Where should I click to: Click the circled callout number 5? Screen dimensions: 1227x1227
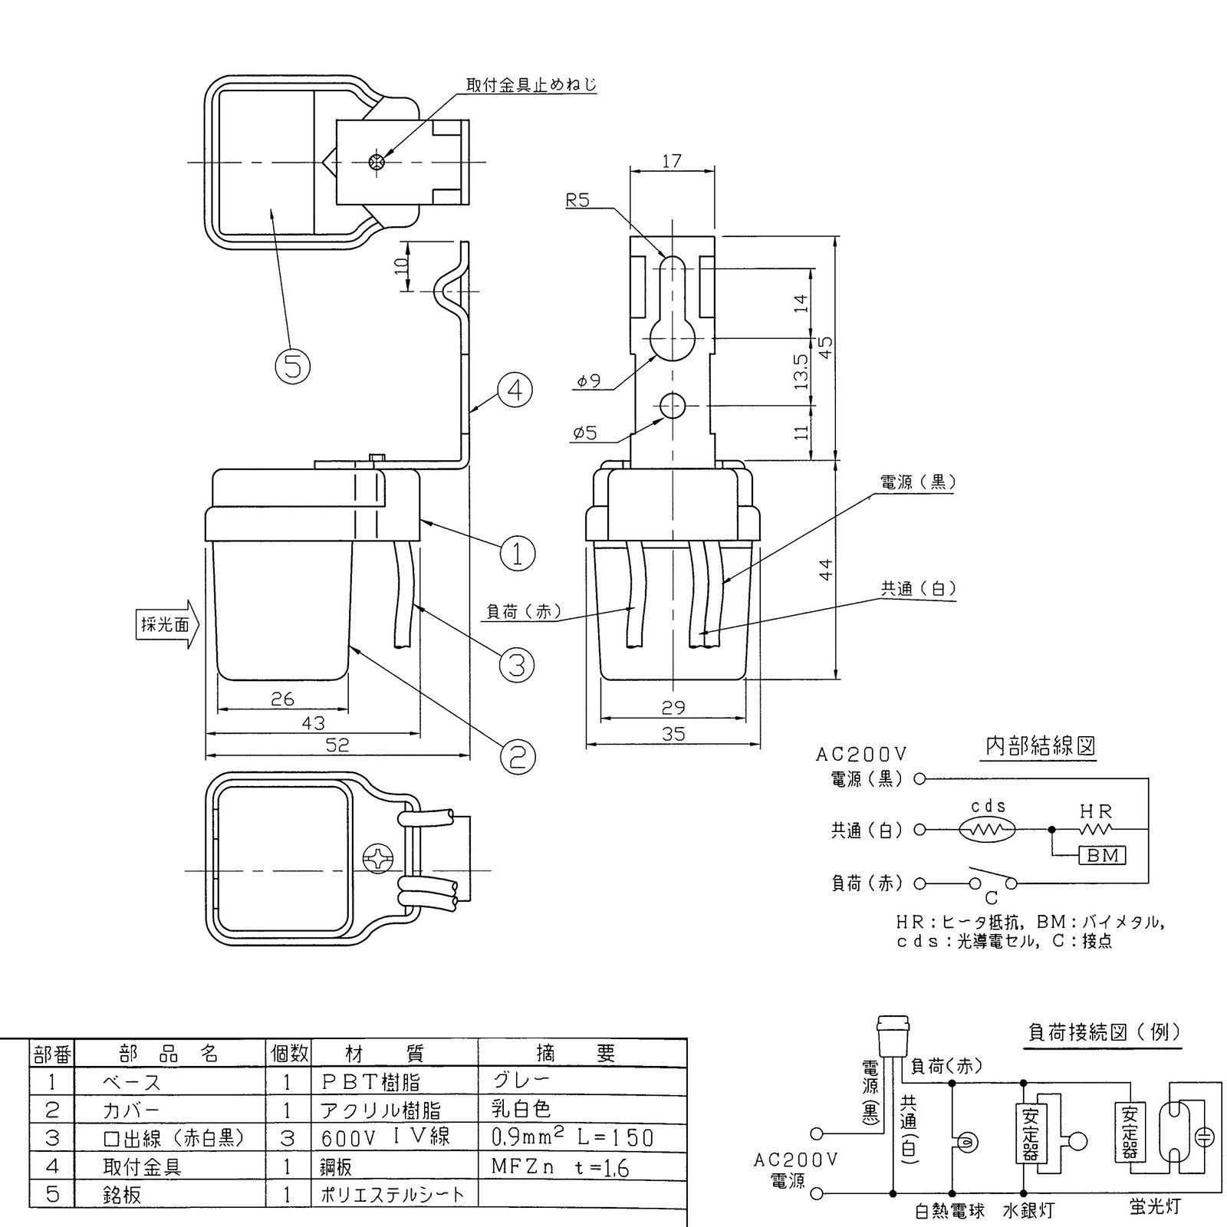click(292, 367)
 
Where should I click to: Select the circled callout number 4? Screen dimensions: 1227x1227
click(515, 390)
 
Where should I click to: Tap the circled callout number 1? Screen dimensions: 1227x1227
click(517, 552)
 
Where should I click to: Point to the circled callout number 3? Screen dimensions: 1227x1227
click(517, 665)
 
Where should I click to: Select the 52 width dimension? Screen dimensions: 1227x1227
click(337, 744)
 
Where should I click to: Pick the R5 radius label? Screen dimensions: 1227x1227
click(579, 201)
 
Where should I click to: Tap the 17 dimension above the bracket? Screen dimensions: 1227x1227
click(671, 162)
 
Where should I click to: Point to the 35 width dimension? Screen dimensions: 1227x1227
click(673, 734)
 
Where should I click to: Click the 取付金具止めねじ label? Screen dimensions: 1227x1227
click(531, 84)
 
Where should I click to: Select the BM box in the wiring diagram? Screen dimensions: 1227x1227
click(1102, 855)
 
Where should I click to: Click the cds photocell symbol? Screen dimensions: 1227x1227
click(988, 829)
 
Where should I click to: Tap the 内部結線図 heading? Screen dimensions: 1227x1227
click(1040, 746)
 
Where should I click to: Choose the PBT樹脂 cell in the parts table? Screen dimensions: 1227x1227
click(371, 1082)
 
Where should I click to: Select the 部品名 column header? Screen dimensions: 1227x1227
click(170, 1053)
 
